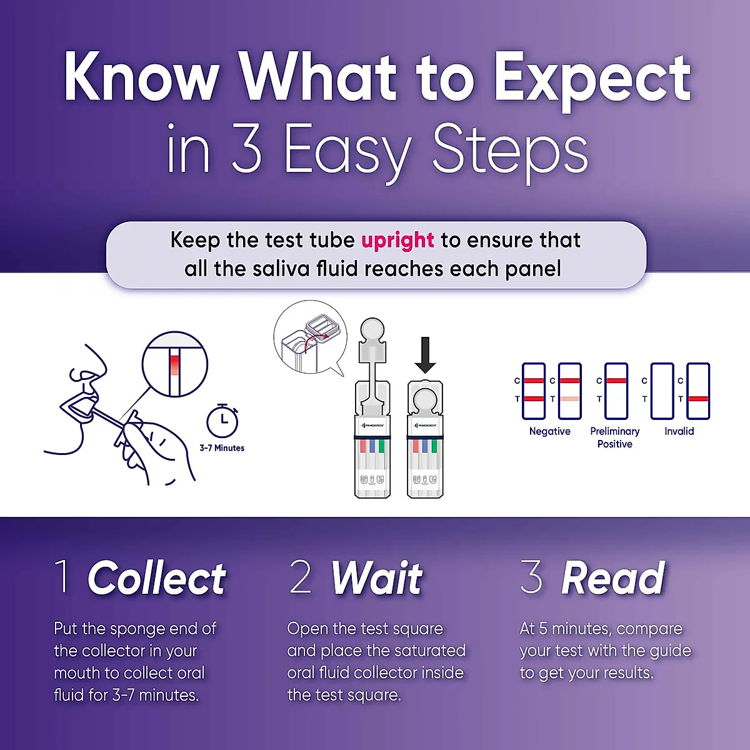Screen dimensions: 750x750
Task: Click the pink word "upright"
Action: [x=397, y=241]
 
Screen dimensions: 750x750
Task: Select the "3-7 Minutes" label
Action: [x=222, y=448]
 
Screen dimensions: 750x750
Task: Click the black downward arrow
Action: [x=426, y=354]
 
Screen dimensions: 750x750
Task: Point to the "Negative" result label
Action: [x=549, y=431]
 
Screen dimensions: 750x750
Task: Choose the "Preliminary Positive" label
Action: [x=614, y=437]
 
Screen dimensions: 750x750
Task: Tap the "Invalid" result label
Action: [x=679, y=431]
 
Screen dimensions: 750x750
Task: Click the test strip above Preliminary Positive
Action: [x=616, y=391]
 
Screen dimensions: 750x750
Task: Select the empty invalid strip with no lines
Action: [x=662, y=391]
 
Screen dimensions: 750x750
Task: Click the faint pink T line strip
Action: [x=569, y=391]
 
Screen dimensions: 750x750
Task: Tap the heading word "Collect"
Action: [x=156, y=578]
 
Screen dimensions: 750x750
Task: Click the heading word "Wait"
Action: [x=376, y=578]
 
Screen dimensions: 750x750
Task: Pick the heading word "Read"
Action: [x=612, y=578]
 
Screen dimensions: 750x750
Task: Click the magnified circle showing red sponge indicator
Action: [x=174, y=364]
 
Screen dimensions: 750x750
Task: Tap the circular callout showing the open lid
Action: [x=310, y=337]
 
